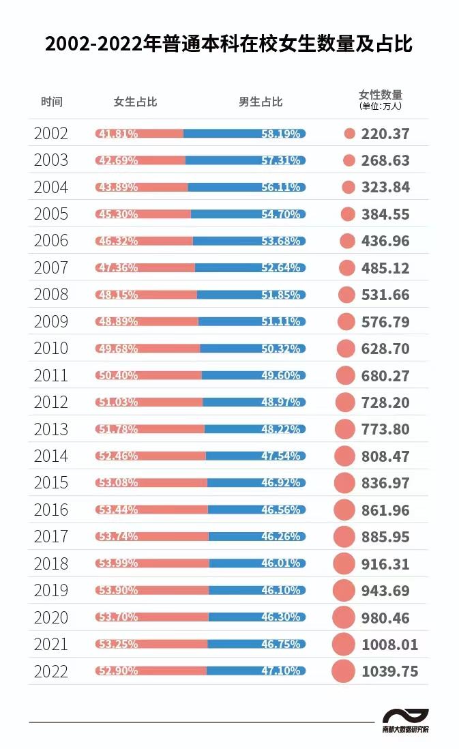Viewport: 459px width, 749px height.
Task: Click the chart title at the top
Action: coord(229,44)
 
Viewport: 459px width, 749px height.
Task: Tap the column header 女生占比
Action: coord(135,102)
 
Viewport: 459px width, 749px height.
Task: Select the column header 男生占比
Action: coord(260,102)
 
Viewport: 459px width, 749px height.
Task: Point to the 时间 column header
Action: coord(51,102)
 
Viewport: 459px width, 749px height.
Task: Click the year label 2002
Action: coord(51,134)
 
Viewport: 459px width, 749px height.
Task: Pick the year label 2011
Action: coord(51,375)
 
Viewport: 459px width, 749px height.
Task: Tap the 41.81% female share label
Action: coord(117,134)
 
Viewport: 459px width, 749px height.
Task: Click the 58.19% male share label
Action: coord(280,134)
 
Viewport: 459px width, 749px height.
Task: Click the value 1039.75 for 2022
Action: coord(389,671)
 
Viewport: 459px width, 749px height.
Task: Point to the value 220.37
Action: coord(385,134)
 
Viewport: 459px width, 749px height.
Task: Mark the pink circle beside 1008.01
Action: coord(344,644)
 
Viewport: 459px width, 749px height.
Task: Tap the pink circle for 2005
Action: coord(348,214)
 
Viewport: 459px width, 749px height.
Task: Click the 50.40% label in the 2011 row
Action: coord(117,375)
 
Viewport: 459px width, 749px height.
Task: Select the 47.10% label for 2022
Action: coord(280,671)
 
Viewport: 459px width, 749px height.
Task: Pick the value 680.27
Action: coord(385,375)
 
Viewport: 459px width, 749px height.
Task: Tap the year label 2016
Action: coord(51,510)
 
